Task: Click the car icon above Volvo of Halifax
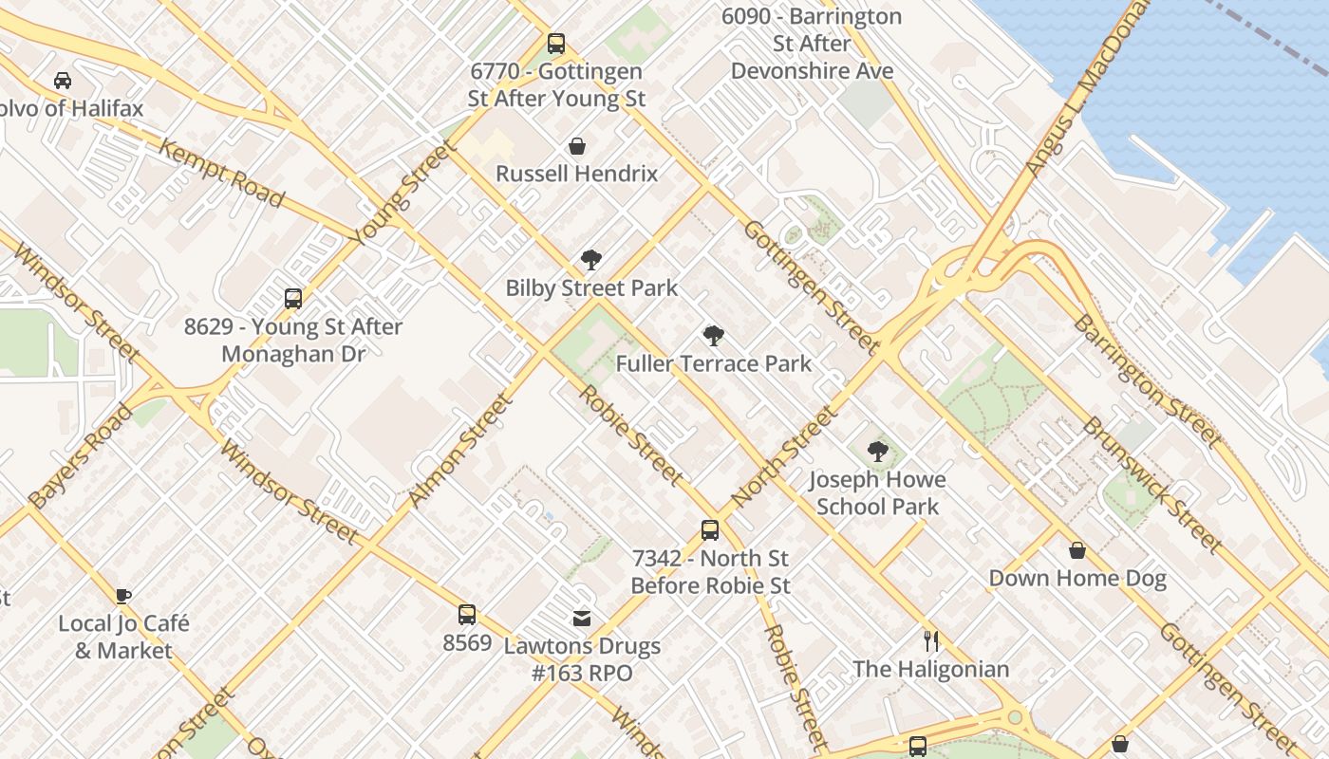(x=63, y=81)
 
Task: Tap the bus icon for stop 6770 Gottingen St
(x=556, y=44)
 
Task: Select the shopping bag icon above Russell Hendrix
(x=576, y=146)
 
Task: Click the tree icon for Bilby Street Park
(x=591, y=260)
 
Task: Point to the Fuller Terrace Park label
(x=713, y=363)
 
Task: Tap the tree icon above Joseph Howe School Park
(x=877, y=452)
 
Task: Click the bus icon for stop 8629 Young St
(x=293, y=299)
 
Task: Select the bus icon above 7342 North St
(x=710, y=530)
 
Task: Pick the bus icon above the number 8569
(x=467, y=615)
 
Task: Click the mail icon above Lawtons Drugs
(x=582, y=619)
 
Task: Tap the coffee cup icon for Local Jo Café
(x=123, y=596)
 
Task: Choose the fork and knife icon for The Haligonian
(x=931, y=641)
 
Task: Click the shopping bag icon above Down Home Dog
(x=1077, y=550)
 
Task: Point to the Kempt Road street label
(x=221, y=173)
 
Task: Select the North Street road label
(x=785, y=455)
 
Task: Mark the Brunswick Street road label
(x=1151, y=484)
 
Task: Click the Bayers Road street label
(x=81, y=455)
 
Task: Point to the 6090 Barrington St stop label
(x=812, y=44)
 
